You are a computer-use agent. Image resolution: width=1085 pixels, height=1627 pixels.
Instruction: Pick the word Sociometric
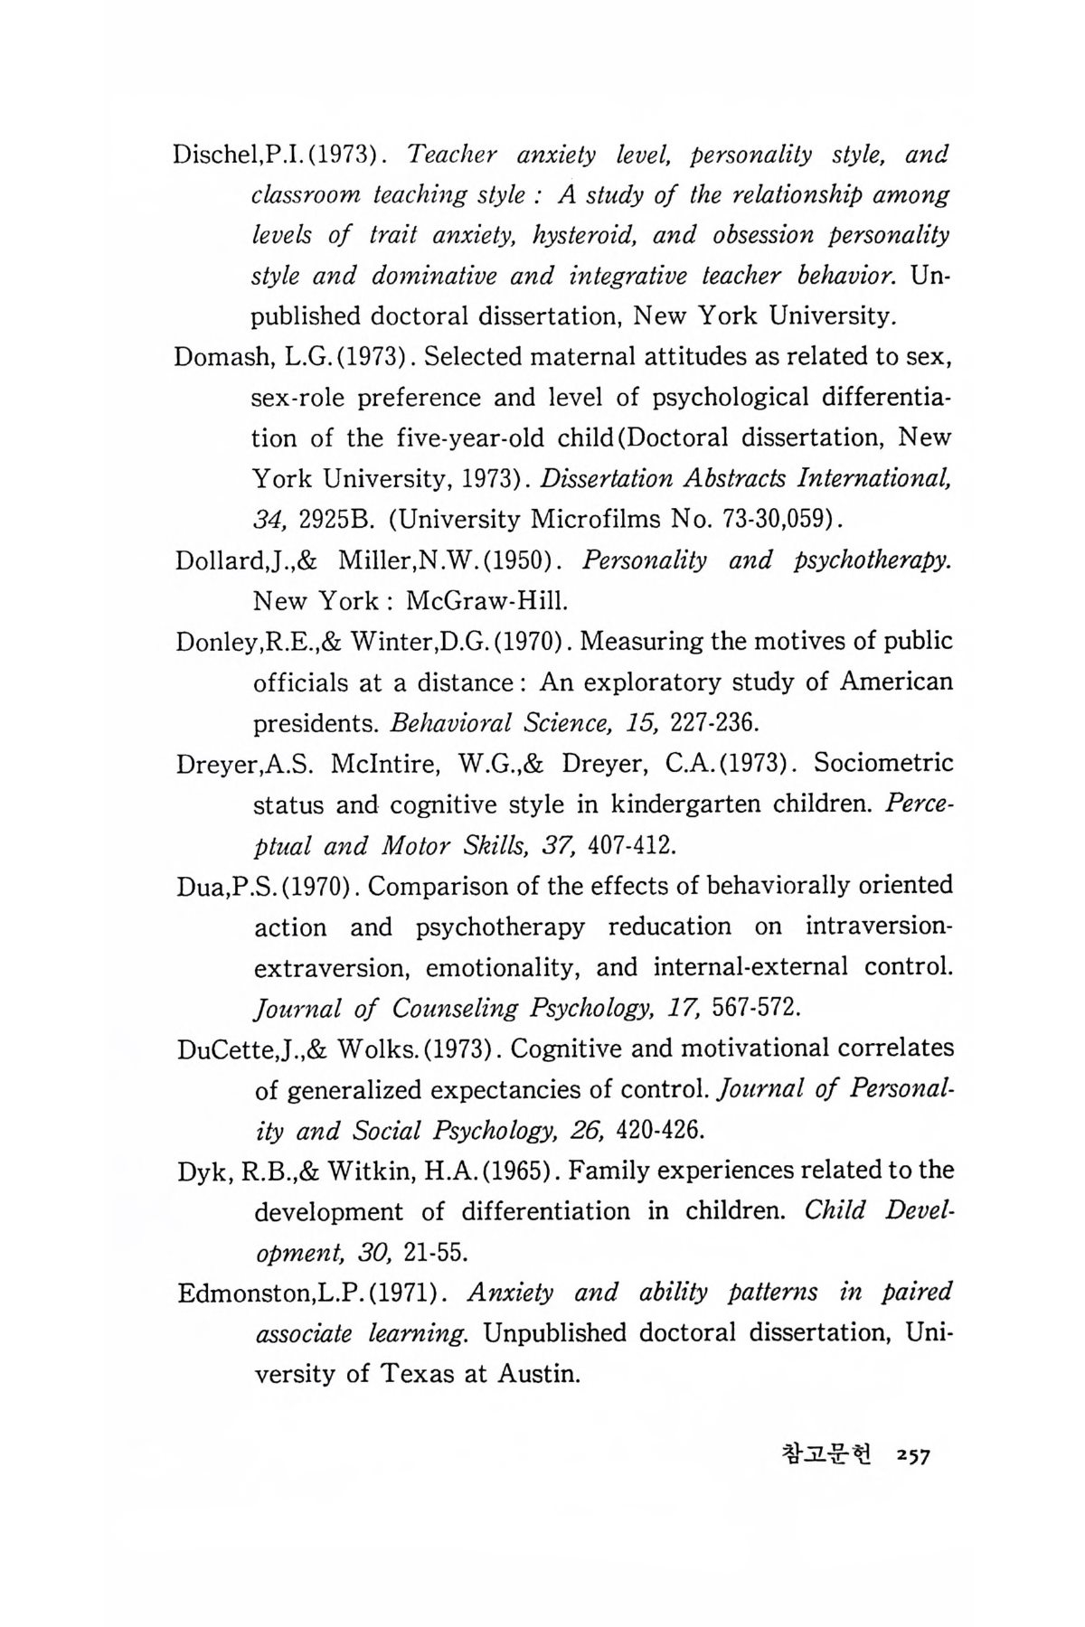883,764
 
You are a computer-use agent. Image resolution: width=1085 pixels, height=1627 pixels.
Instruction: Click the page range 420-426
660,1131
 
